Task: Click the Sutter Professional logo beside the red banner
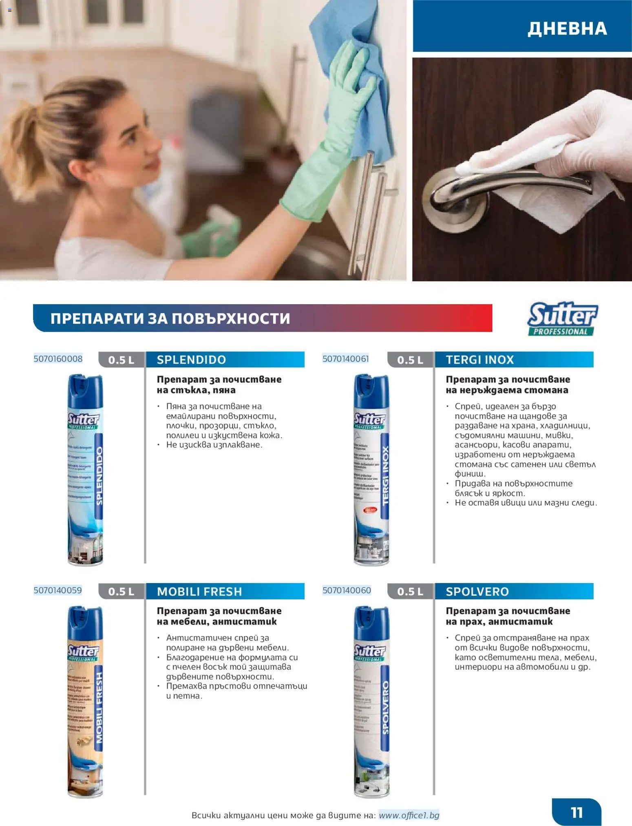coord(562,319)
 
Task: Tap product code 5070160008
coord(58,359)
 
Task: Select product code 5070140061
coord(346,359)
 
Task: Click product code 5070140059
coord(58,590)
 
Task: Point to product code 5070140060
coord(347,590)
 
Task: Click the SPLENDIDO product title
coord(191,360)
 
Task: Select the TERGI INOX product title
coord(480,360)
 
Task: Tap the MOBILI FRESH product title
coord(199,591)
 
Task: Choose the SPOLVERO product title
coord(477,591)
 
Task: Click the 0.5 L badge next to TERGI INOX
coord(410,360)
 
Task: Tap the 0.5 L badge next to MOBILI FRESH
coord(121,592)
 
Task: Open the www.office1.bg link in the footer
coord(409,815)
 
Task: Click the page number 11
coord(576,812)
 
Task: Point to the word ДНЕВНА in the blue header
coord(567,29)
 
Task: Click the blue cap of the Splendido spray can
coord(85,391)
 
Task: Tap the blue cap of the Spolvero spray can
coord(371,623)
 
